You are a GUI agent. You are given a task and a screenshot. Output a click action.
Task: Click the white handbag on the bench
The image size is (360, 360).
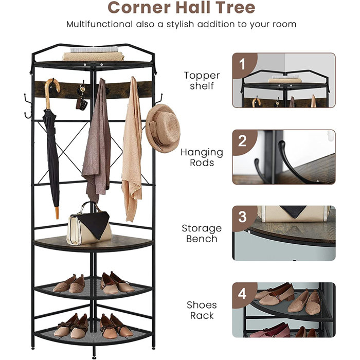point(89,225)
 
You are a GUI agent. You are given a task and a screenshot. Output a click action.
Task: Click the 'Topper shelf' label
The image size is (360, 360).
point(202,81)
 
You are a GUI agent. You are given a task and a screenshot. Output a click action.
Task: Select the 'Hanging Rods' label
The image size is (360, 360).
point(202,157)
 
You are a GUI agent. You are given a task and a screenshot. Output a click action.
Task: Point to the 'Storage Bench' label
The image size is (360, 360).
point(202,233)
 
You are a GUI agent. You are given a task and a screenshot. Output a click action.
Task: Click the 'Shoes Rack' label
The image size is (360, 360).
point(202,310)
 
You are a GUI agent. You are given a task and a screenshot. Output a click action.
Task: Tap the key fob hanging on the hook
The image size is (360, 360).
point(80,101)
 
